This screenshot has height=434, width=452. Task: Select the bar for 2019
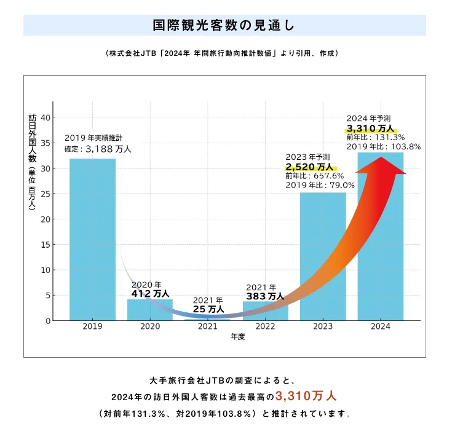[x=92, y=239]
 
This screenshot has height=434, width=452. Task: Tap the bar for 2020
[x=149, y=310]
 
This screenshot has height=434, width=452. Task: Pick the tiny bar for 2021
[x=207, y=320]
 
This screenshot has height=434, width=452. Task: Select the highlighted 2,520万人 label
[x=309, y=167]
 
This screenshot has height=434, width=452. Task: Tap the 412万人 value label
[x=151, y=294]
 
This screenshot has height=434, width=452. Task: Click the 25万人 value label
[x=208, y=309]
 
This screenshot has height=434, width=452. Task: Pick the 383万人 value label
[x=265, y=296]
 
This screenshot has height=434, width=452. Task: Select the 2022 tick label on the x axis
[x=265, y=327]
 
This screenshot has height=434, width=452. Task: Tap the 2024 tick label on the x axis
[x=381, y=327]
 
